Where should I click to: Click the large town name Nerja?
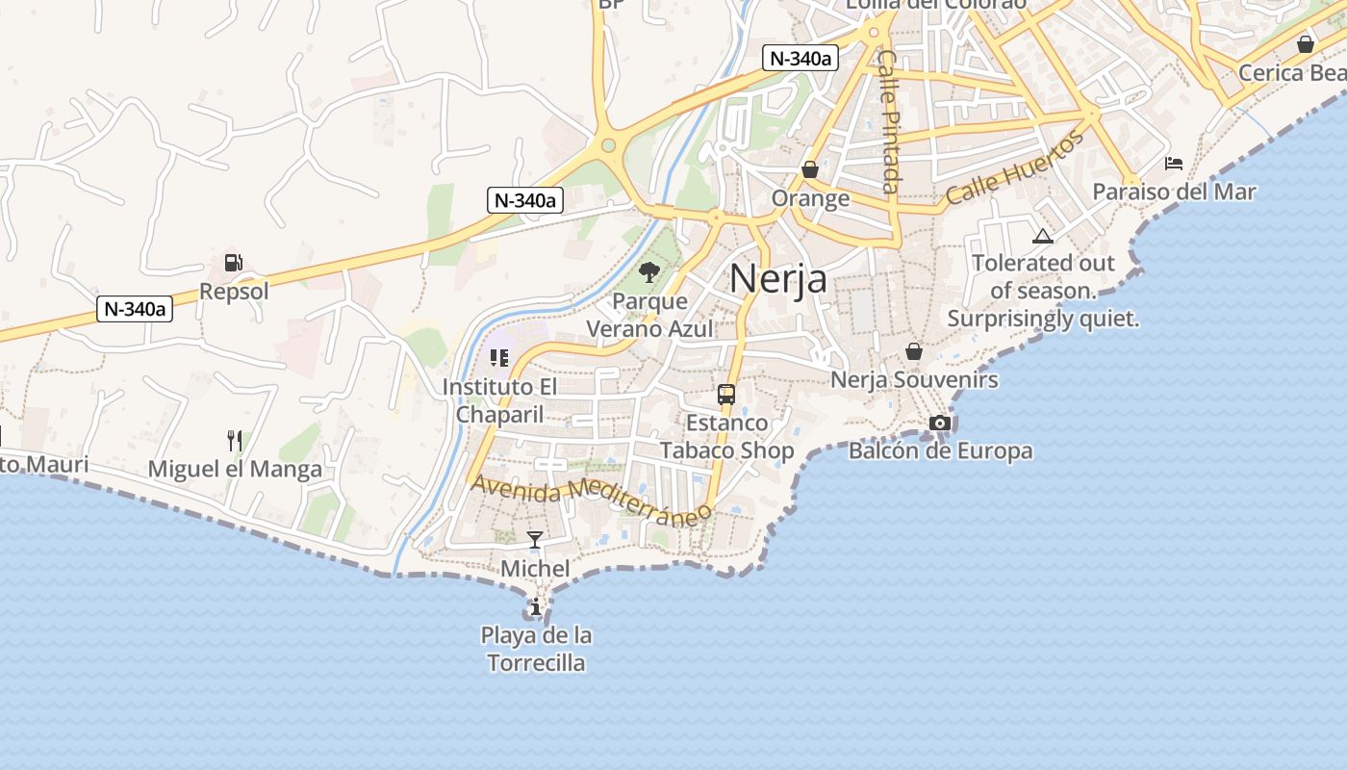[777, 278]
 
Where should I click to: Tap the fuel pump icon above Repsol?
[233, 262]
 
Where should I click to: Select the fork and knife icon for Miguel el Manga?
[235, 441]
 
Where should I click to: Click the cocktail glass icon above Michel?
[535, 540]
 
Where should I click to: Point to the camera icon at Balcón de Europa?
[940, 423]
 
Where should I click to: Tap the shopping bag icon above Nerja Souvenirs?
[914, 351]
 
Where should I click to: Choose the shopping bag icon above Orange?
[810, 169]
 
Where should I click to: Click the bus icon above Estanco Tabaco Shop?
[726, 395]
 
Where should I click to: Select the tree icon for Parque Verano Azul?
[649, 272]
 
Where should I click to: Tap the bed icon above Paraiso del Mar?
[1174, 163]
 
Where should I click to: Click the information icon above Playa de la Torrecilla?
[535, 606]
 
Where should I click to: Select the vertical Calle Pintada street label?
[889, 121]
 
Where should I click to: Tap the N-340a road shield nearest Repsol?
[135, 309]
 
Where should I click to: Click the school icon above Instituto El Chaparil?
[498, 358]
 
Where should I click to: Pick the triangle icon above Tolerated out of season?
[1042, 236]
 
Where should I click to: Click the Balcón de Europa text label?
[940, 450]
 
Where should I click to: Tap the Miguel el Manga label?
[235, 470]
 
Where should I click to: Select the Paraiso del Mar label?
[1174, 192]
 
